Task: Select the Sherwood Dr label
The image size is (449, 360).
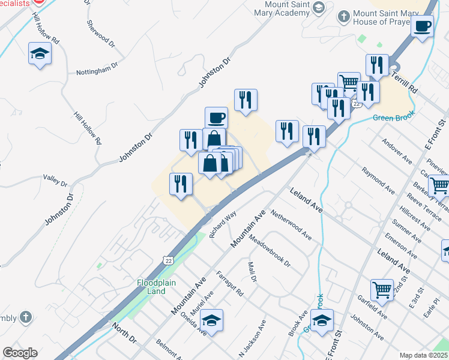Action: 100,34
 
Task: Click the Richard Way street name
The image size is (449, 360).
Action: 223,225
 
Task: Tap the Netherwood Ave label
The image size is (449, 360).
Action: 291,225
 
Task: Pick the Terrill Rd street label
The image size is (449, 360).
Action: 404,80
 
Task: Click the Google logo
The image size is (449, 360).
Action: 20,353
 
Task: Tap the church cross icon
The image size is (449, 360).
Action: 25,316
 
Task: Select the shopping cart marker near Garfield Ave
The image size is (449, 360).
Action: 382,291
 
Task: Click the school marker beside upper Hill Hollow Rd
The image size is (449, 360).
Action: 40,54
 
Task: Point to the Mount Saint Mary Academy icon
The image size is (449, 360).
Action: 319,8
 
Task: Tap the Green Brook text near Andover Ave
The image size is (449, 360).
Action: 394,118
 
